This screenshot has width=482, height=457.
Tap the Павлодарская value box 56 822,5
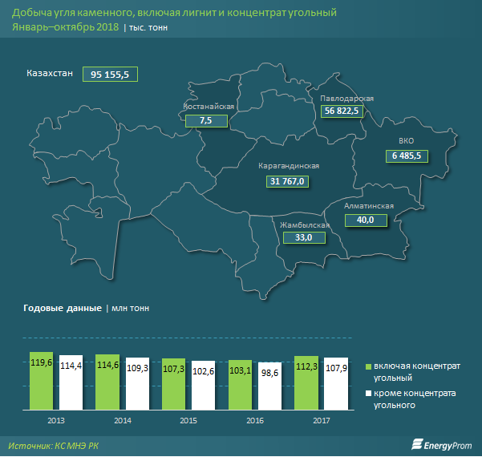click(343, 111)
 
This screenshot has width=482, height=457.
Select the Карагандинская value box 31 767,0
click(289, 181)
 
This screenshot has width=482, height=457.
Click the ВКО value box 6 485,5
click(412, 155)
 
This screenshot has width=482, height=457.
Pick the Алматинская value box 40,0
click(365, 220)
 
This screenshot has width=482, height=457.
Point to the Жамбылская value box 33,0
click(304, 237)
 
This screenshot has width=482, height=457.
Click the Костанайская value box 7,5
click(205, 120)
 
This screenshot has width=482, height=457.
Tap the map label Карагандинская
click(289, 166)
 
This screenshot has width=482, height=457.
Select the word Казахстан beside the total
click(50, 73)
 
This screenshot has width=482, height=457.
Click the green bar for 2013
click(42, 380)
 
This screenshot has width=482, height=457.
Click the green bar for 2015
click(174, 383)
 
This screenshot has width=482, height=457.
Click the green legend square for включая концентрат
click(369, 366)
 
